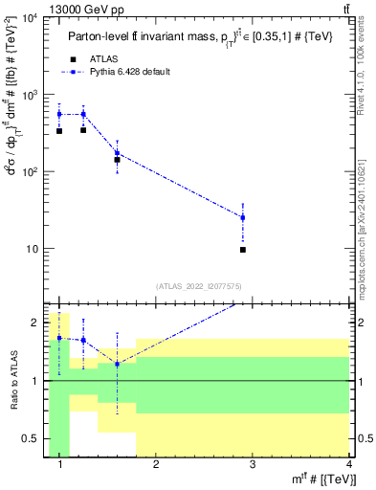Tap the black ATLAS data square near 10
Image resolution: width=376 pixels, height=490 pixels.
(243, 250)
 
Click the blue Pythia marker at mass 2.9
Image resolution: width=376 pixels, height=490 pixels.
(243, 217)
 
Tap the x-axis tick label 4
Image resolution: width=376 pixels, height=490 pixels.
(348, 465)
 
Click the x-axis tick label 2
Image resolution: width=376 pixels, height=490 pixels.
(156, 465)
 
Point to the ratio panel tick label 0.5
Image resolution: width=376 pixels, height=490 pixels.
(32, 439)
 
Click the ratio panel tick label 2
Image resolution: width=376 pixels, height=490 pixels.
(36, 323)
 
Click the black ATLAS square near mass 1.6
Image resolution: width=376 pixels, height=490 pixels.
(117, 160)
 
